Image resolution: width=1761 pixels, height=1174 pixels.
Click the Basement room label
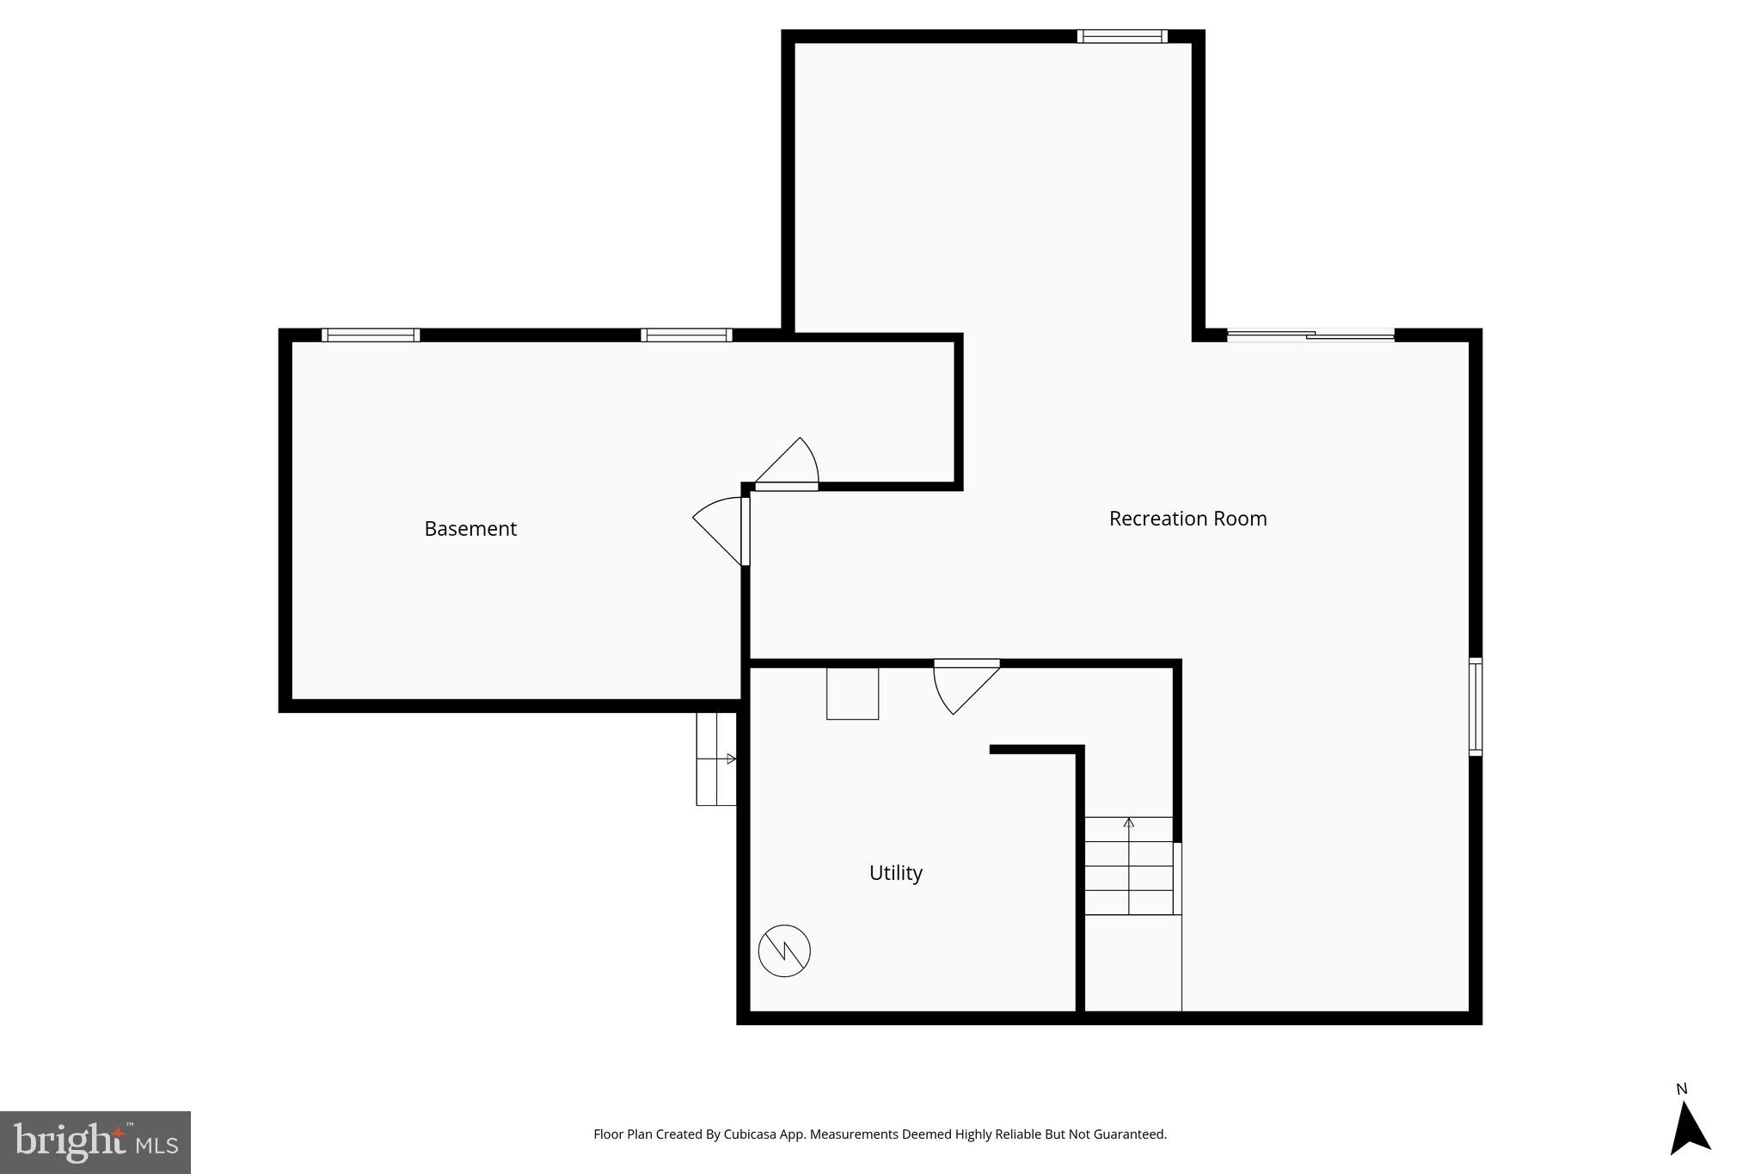[470, 529]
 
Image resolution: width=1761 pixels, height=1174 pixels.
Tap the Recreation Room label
[1187, 519]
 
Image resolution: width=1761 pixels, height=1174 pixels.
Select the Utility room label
[895, 873]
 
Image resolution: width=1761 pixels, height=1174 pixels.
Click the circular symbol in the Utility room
[784, 950]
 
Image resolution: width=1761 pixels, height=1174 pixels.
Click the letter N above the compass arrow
[1682, 1089]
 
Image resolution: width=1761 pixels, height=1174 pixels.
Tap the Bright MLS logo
[95, 1142]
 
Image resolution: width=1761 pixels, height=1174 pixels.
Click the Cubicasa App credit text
[880, 1134]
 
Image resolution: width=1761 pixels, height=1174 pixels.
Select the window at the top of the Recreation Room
[1122, 36]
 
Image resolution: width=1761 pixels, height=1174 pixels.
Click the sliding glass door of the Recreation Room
[1310, 335]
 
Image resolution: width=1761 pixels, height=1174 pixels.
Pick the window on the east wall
[1475, 707]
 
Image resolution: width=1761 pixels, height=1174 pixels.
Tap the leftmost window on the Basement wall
[371, 335]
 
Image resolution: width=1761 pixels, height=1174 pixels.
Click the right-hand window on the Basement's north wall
[686, 335]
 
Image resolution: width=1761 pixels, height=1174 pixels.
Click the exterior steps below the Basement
[716, 759]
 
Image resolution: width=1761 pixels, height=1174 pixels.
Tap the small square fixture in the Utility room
[852, 693]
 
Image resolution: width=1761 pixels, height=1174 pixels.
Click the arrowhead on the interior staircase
[1129, 822]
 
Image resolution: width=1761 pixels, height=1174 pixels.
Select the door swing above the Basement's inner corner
[788, 465]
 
